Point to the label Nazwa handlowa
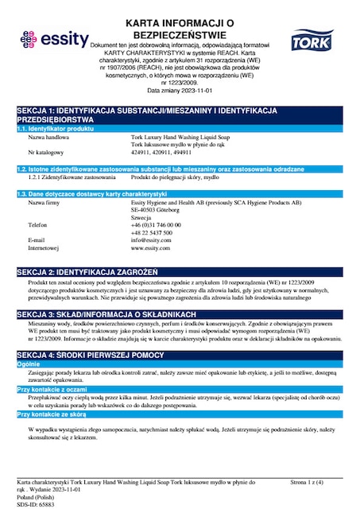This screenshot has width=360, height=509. point(47,137)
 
